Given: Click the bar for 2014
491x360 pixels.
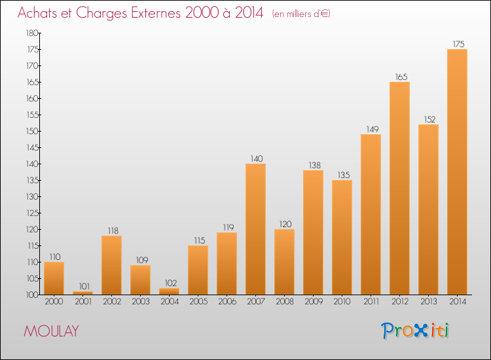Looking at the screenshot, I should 457,171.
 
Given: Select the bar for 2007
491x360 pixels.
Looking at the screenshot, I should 255,229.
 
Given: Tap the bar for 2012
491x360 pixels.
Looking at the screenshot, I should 399,188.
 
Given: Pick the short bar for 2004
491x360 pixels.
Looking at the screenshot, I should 169,291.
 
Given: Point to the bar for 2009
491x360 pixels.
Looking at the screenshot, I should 313,232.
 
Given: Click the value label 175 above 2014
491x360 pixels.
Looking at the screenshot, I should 458,45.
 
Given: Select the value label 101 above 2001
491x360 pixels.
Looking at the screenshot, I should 82,286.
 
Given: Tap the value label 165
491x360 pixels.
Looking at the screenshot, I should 401,77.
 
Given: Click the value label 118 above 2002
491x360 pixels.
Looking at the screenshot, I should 111,230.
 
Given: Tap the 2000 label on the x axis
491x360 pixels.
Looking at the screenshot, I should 54,302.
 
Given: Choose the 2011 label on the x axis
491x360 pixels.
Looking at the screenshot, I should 371,302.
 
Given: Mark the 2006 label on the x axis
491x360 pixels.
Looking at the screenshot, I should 227,302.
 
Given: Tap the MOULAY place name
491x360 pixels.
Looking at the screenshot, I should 51,331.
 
